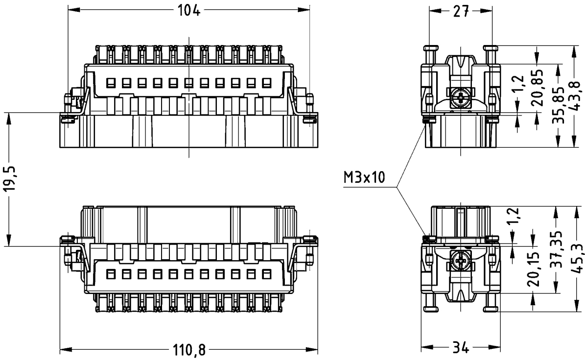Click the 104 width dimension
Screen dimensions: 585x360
tap(188, 10)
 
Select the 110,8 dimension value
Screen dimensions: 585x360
tap(189, 350)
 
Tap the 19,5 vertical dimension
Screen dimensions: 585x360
tap(10, 179)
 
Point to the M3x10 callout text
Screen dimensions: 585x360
tap(364, 177)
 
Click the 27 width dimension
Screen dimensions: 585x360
tap(461, 12)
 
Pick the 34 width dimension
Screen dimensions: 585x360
tap(460, 348)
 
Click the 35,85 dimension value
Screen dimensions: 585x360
tap(558, 106)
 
